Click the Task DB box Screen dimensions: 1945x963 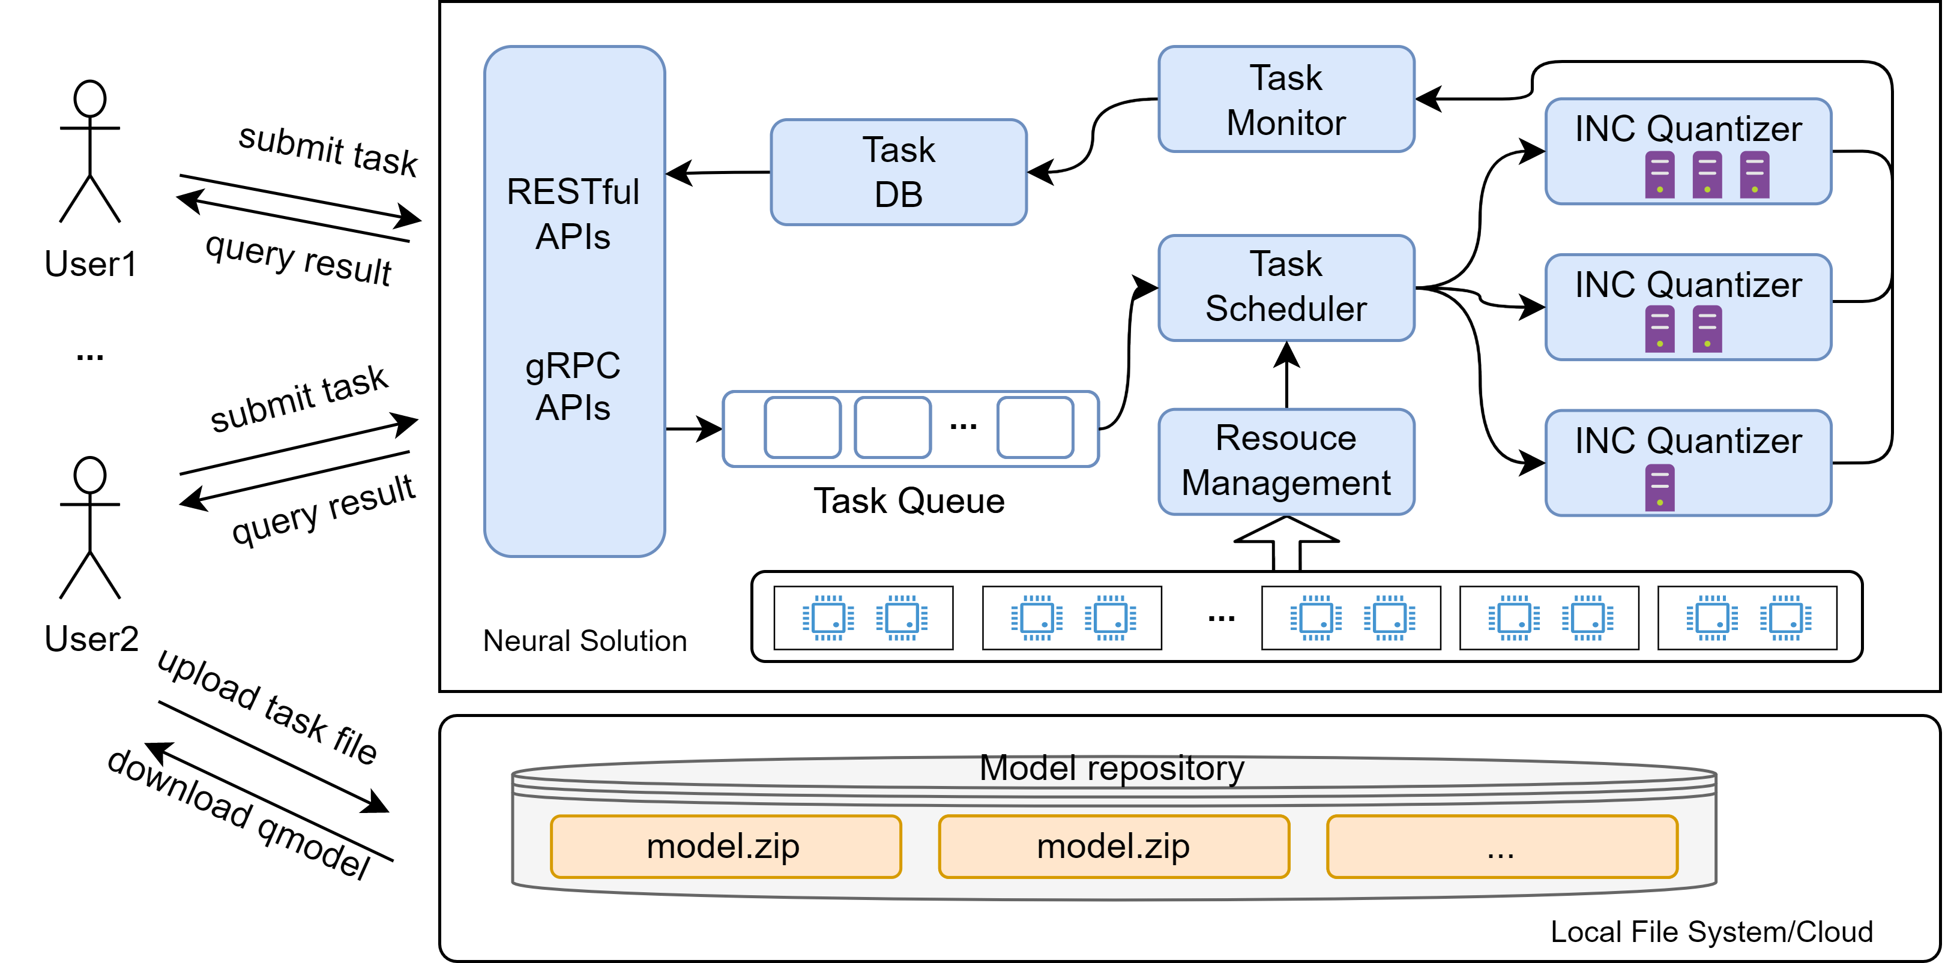[x=899, y=172]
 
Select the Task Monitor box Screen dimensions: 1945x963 [x=1286, y=99]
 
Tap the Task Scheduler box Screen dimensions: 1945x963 [x=1286, y=287]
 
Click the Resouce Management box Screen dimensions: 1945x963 [x=1286, y=462]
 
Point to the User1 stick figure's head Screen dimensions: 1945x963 [x=90, y=99]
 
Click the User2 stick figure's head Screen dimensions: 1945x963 [x=90, y=475]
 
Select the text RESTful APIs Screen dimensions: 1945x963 [x=573, y=214]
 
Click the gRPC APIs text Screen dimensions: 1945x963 [x=573, y=386]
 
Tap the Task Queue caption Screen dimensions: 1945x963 [x=909, y=501]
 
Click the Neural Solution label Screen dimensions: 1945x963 [x=585, y=641]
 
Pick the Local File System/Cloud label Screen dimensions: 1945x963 [x=1711, y=932]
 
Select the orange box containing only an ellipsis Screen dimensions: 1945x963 [x=1502, y=847]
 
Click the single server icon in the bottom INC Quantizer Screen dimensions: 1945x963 [x=1660, y=488]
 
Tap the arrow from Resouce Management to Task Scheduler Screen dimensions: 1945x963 [x=1286, y=375]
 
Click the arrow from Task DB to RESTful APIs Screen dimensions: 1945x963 [x=718, y=173]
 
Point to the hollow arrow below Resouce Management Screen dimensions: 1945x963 [x=1286, y=544]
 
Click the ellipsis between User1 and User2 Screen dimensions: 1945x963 [x=90, y=357]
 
